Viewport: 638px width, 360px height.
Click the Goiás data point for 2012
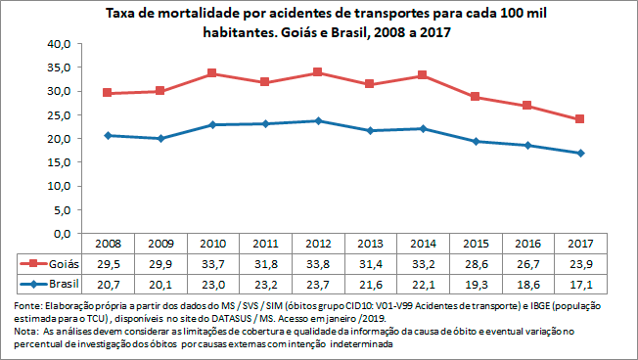[318, 72]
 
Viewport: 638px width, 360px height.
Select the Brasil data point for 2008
[107, 135]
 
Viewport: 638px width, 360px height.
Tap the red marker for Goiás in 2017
[581, 119]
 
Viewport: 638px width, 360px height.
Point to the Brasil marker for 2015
[476, 142]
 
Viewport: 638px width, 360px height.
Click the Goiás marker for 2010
[212, 73]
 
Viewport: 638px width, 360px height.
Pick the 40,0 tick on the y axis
[60, 44]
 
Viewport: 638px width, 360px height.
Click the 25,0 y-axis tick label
[60, 114]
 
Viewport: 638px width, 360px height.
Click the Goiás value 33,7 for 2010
[212, 263]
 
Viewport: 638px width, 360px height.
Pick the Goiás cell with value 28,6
[476, 263]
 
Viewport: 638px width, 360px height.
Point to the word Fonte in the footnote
[26, 305]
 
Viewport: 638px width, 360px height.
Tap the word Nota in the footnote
[24, 332]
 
